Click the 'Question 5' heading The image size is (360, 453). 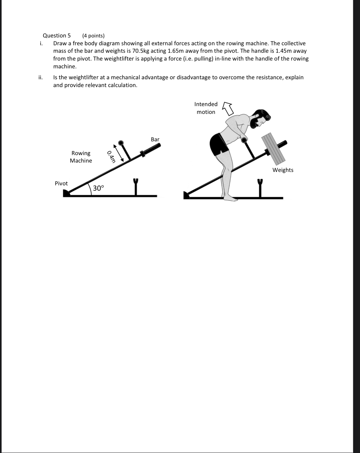(57, 36)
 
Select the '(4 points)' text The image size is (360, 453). (93, 36)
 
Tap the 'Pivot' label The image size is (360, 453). (61, 183)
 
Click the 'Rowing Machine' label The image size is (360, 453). (81, 157)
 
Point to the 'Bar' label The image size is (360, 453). (155, 139)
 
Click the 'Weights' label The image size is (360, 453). (283, 170)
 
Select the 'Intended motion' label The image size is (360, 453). (206, 108)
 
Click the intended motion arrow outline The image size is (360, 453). (228, 108)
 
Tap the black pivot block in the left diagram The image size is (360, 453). (67, 193)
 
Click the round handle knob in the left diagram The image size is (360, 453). (121, 143)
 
